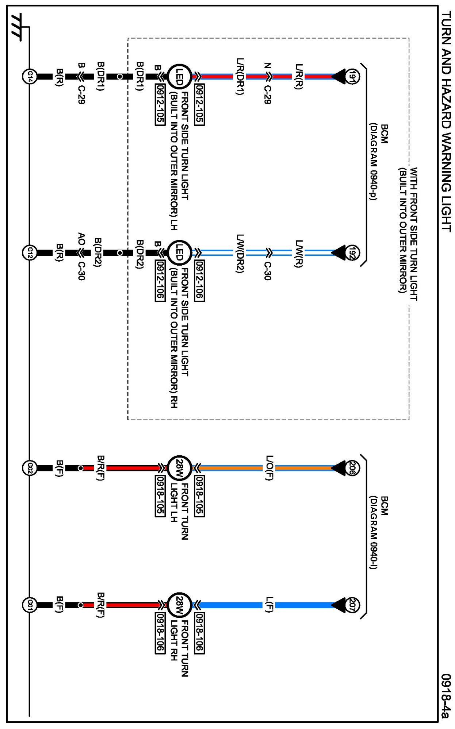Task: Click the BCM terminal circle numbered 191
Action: point(352,76)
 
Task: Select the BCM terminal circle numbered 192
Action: point(352,252)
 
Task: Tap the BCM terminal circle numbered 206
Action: point(352,468)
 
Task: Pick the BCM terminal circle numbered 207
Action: point(352,605)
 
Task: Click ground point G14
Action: point(29,76)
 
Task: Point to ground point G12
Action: point(29,252)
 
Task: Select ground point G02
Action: point(29,468)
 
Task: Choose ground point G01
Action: point(29,605)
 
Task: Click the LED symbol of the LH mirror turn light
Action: point(179,76)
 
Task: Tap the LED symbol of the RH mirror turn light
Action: point(179,252)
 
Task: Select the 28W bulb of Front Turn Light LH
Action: point(179,468)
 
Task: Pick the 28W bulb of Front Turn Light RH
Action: point(179,605)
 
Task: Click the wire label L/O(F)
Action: point(269,468)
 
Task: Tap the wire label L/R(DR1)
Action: point(240,76)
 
